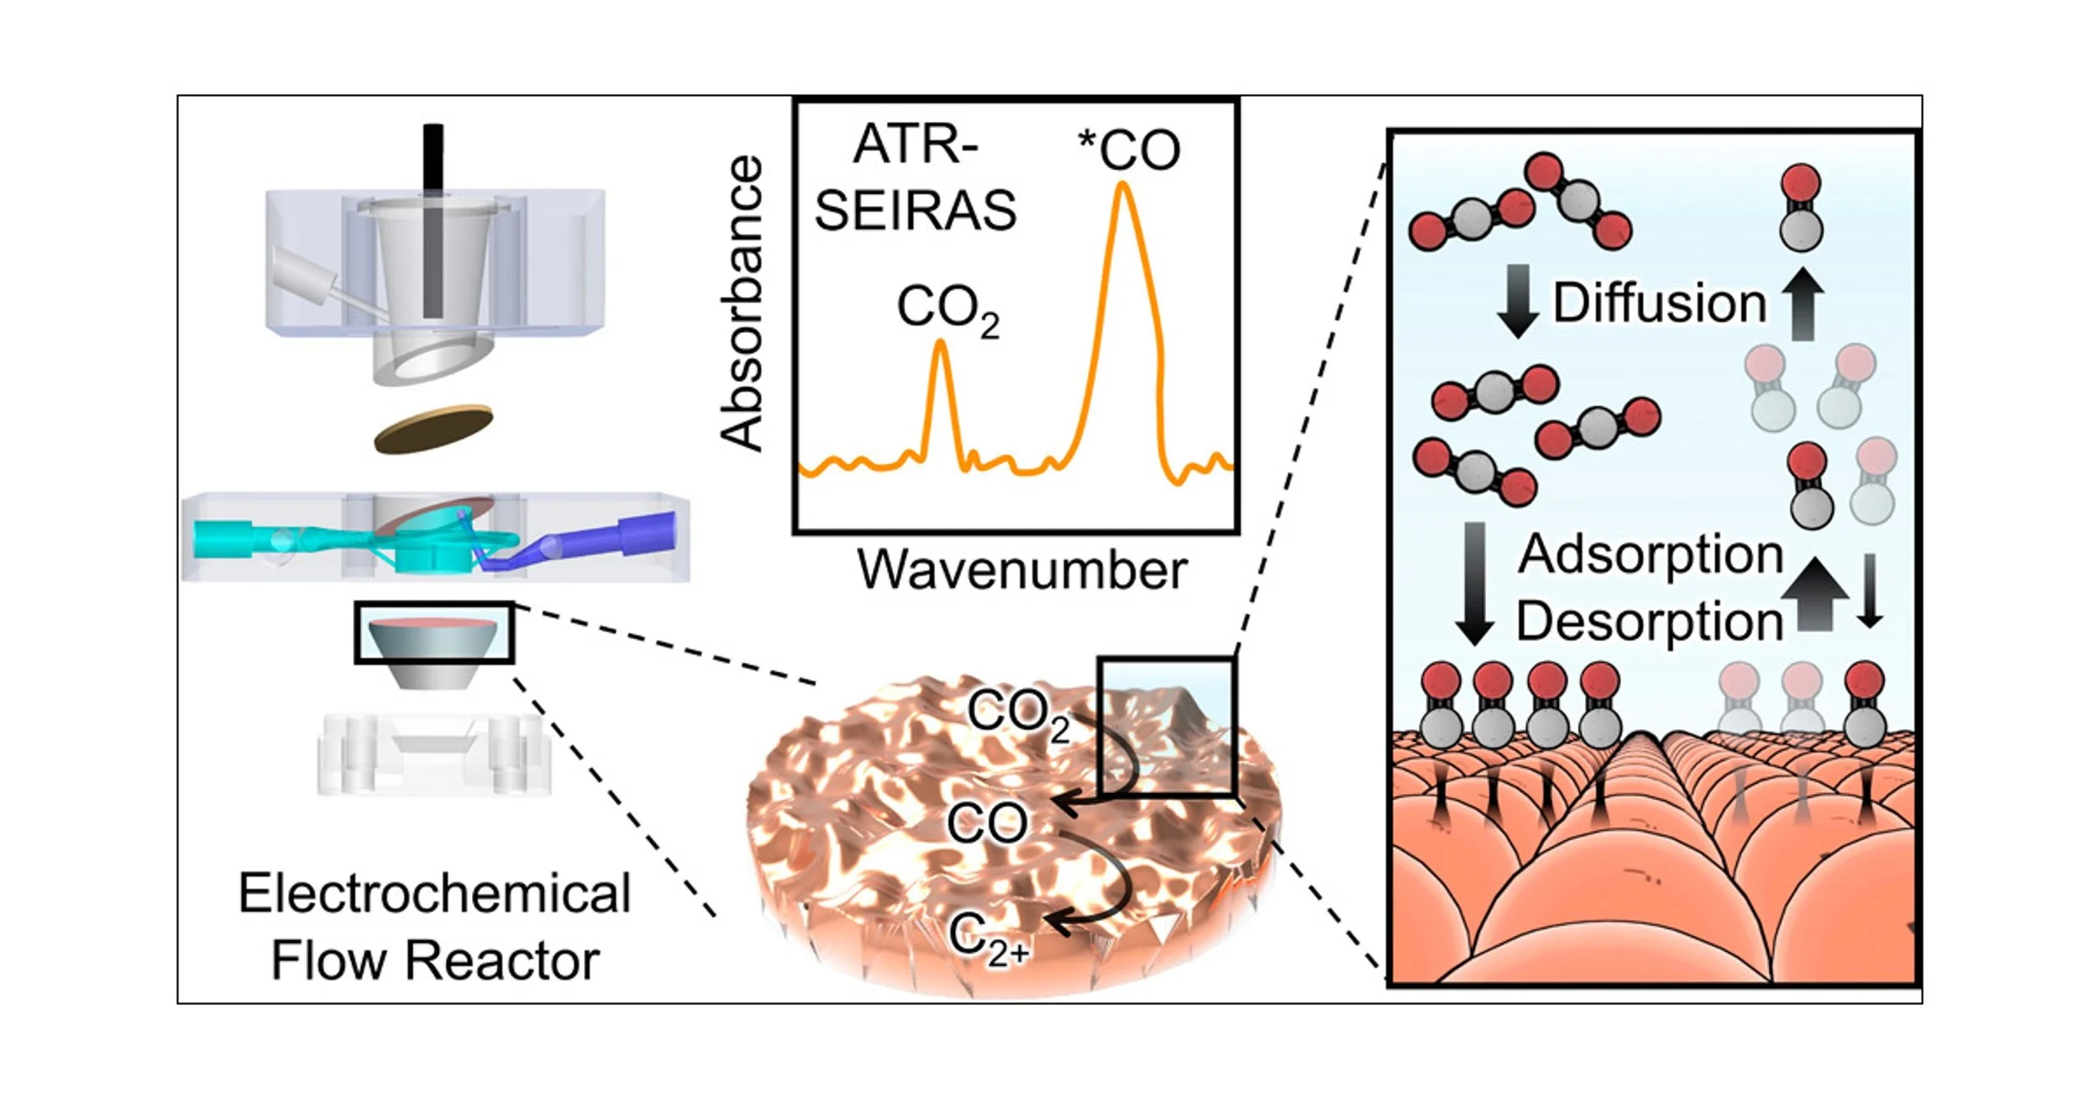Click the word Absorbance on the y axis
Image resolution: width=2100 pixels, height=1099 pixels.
(743, 304)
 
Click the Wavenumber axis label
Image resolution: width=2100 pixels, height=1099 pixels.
(1021, 571)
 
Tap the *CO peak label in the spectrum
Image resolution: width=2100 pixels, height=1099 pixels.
(1129, 151)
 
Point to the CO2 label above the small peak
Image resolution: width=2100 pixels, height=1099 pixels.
(947, 309)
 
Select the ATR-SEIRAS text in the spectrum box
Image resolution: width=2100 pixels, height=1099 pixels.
(916, 177)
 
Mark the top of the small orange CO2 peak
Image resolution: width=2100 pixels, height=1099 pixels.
(942, 343)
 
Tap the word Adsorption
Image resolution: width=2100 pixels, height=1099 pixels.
(1651, 555)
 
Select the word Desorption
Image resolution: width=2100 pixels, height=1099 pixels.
(1649, 622)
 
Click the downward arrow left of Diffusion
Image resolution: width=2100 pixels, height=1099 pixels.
(1518, 301)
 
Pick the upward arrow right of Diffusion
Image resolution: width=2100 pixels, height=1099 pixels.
(1802, 304)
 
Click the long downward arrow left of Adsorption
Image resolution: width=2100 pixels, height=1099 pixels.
(1474, 584)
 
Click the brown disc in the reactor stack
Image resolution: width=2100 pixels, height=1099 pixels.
(433, 429)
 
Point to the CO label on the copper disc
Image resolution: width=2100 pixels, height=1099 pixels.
(987, 824)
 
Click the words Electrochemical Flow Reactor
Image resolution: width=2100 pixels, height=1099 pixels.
(434, 927)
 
